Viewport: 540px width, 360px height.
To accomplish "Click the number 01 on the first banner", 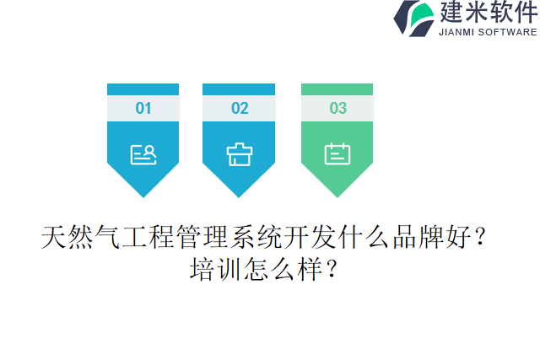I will [x=143, y=108].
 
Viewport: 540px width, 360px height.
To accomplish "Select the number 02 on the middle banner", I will [x=240, y=108].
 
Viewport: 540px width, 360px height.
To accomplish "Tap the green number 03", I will [x=337, y=108].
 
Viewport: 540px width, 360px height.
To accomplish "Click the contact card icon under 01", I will [x=143, y=153].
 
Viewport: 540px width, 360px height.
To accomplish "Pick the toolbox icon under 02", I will [x=240, y=153].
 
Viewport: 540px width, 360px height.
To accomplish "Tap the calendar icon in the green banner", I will [x=337, y=153].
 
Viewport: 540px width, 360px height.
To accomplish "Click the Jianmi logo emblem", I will [x=414, y=19].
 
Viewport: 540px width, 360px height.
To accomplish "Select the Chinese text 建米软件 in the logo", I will [x=488, y=12].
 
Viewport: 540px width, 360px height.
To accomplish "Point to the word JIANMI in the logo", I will [x=459, y=32].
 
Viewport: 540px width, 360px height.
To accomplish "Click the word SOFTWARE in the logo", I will [x=508, y=32].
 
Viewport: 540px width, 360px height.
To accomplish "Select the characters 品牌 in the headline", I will [x=411, y=239].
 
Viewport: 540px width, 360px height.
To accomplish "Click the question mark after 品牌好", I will [x=480, y=239].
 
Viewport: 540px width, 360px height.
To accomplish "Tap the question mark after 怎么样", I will [x=332, y=270].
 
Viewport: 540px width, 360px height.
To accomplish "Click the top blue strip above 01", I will [x=143, y=89].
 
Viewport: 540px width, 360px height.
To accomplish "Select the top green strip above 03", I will [x=337, y=89].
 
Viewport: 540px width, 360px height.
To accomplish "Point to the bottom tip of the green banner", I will [x=337, y=195].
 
